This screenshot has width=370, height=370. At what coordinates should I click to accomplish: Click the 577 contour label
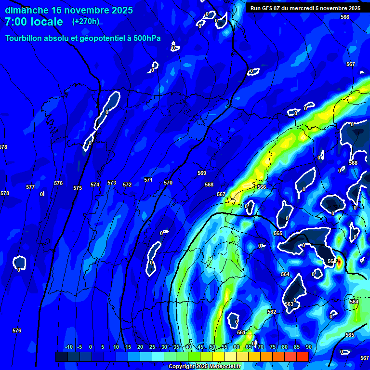pyautogui.click(x=30, y=187)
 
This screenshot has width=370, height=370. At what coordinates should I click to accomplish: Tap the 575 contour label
pyautogui.click(x=78, y=188)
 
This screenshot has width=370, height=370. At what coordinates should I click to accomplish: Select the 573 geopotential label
pyautogui.click(x=112, y=183)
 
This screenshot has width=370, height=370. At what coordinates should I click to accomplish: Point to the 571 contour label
pyautogui.click(x=148, y=180)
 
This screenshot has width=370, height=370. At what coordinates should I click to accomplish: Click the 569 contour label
pyautogui.click(x=202, y=173)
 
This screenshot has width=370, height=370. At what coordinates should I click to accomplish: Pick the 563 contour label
pyautogui.click(x=289, y=304)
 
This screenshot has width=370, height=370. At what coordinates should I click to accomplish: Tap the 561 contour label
pyautogui.click(x=241, y=332)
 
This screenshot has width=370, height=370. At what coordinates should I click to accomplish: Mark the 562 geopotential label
pyautogui.click(x=272, y=312)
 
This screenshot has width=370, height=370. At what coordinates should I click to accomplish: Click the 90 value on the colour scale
pyautogui.click(x=308, y=347)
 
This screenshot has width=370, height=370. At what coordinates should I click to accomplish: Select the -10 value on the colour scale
pyautogui.click(x=68, y=347)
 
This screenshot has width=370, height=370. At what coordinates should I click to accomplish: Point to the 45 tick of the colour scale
pyautogui.click(x=200, y=347)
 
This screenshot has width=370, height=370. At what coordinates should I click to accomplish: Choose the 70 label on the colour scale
pyautogui.click(x=261, y=347)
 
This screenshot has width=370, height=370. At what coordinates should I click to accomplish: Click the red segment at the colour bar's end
pyautogui.click(x=302, y=357)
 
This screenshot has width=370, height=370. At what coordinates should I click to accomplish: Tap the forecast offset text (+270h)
pyautogui.click(x=86, y=21)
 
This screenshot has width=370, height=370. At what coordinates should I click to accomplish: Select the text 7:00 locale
pyautogui.click(x=34, y=22)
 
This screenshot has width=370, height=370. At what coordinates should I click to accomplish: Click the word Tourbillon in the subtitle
pyautogui.click(x=25, y=39)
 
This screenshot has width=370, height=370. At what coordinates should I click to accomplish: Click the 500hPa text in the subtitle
pyautogui.click(x=146, y=39)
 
